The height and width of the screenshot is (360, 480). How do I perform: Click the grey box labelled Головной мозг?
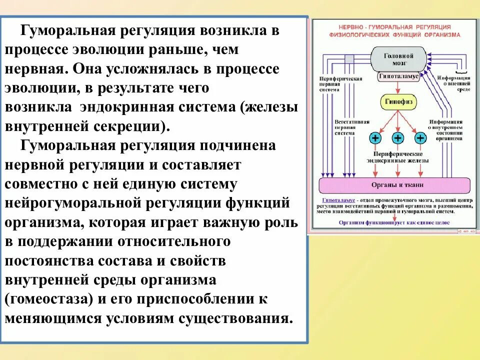point(398,59)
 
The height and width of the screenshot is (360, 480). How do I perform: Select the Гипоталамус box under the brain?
point(398,77)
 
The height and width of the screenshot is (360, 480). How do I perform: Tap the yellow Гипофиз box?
point(397,101)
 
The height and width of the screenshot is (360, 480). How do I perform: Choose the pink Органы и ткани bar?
point(396,185)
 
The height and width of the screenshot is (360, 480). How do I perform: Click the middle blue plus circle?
point(397,138)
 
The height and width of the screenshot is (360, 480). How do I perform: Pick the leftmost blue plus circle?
point(374,138)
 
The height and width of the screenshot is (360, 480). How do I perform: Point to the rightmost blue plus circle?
point(420,138)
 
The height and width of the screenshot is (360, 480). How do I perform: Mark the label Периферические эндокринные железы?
point(398,158)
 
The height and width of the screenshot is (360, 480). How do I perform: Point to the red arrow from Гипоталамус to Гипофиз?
point(397,88)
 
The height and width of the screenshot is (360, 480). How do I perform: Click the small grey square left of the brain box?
point(348,58)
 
